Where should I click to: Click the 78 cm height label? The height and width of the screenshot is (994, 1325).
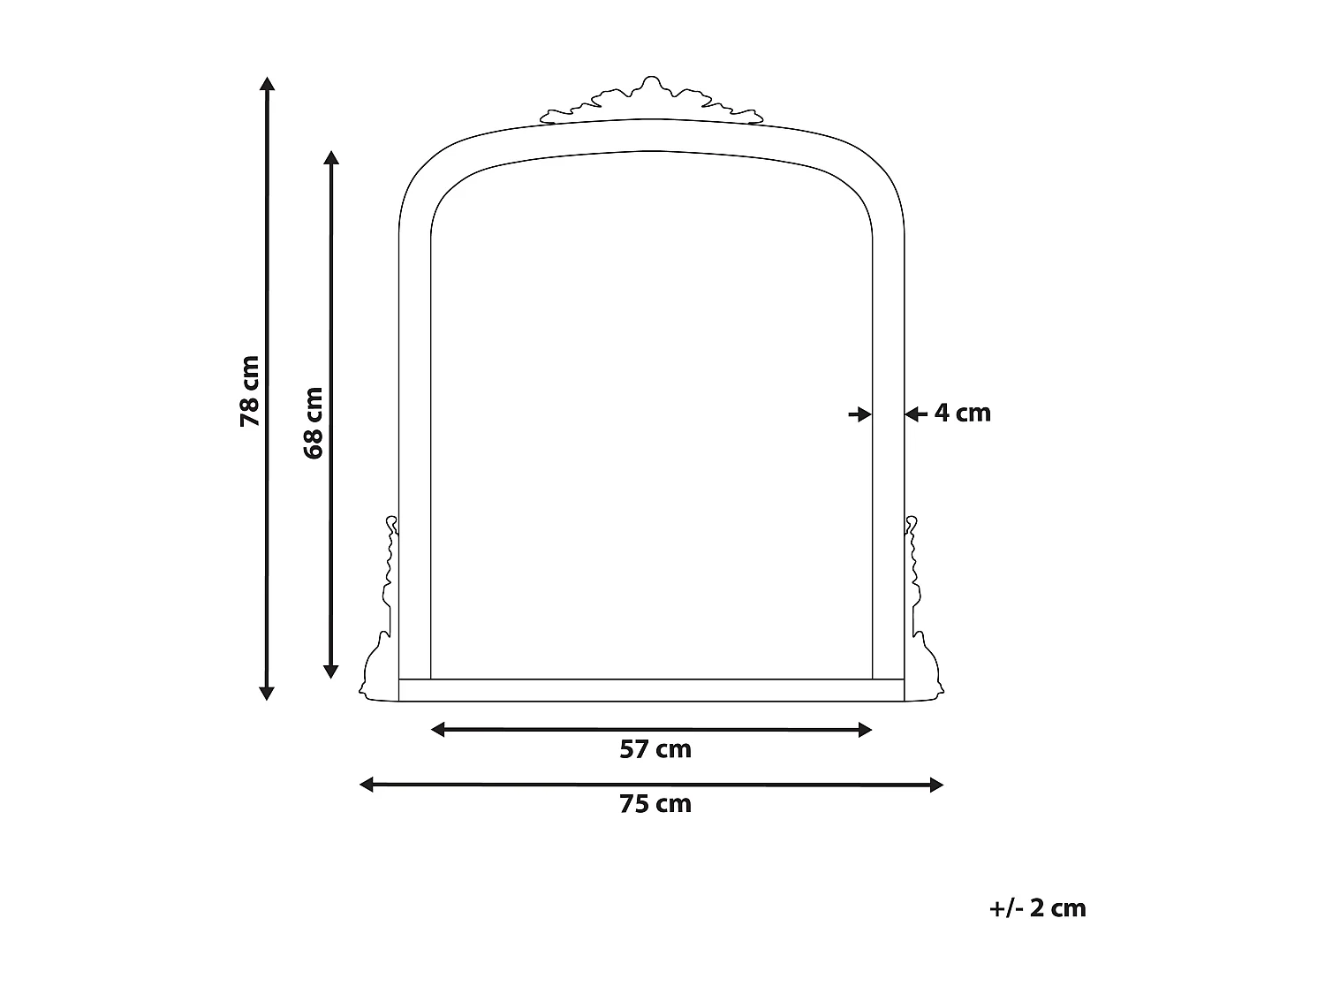(250, 391)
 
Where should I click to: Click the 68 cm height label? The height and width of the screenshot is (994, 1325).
(314, 422)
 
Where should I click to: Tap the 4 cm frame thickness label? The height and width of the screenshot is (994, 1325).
(963, 413)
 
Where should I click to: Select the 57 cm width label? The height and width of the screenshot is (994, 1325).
(655, 749)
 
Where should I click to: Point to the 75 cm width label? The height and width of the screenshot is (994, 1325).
(655, 804)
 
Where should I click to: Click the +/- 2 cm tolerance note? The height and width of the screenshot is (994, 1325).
(1038, 907)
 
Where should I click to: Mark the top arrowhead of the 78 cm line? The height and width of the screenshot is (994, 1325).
(267, 83)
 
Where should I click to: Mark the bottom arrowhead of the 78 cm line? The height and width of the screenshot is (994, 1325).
(267, 694)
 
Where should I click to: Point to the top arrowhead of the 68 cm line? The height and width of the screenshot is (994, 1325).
(331, 157)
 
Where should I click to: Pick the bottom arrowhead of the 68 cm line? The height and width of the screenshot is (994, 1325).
(331, 672)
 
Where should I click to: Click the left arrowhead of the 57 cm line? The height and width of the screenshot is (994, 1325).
(437, 729)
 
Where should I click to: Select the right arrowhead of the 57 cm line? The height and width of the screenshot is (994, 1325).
(866, 729)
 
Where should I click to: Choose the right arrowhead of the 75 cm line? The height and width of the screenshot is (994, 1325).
(937, 784)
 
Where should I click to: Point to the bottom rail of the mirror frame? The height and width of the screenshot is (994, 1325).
(652, 690)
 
